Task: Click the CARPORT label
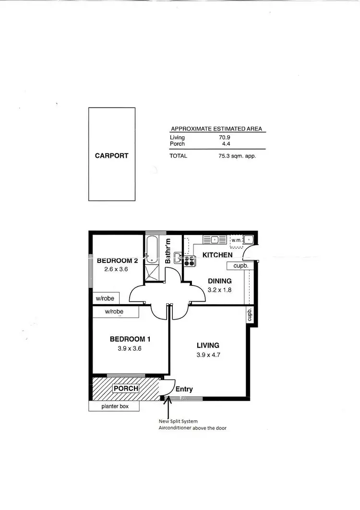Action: [x=111, y=155]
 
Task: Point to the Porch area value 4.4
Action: [x=225, y=143]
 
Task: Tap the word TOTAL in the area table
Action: [x=178, y=155]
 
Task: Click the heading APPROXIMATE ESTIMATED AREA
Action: [x=217, y=129]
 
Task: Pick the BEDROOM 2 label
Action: [x=118, y=261]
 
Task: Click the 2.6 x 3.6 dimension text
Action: [x=117, y=269]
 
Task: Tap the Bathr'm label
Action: [x=168, y=251]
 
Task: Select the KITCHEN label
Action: [x=217, y=255]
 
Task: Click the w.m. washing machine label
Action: [x=236, y=239]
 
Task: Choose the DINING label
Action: [x=220, y=281]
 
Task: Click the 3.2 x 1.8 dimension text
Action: [x=220, y=289]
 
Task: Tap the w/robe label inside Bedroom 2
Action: [x=105, y=298]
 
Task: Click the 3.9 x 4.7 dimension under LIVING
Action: [x=208, y=355]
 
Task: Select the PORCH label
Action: [x=126, y=388]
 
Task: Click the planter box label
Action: [x=114, y=406]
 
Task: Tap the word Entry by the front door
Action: [x=184, y=390]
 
